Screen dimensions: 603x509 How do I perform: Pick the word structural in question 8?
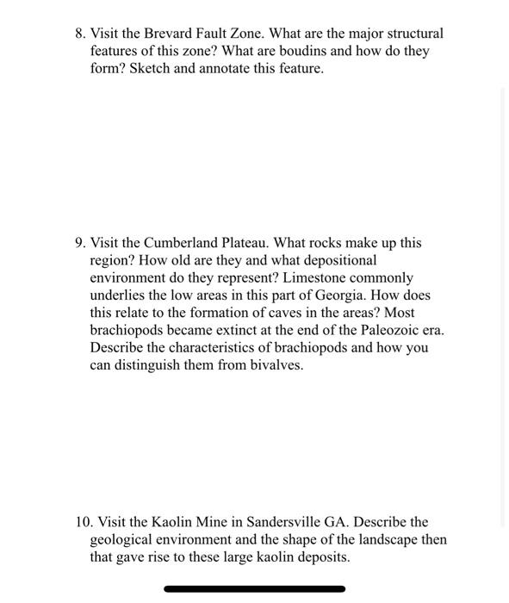pyautogui.click(x=411, y=34)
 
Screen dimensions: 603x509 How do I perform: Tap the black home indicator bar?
pyautogui.click(x=254, y=589)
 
